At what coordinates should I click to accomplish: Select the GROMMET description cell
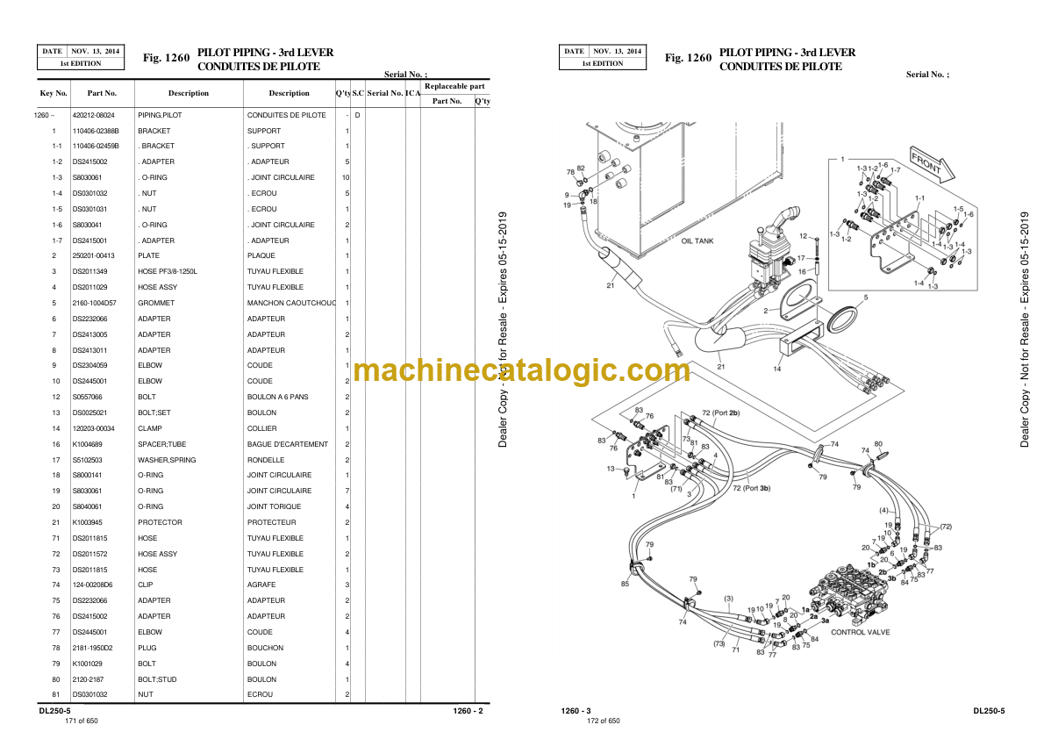[x=154, y=303]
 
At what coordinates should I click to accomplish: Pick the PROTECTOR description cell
[x=160, y=522]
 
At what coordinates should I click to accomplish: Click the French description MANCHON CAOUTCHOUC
[x=291, y=303]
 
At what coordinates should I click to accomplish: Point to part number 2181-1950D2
[x=91, y=648]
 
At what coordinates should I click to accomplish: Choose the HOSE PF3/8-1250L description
[x=168, y=271]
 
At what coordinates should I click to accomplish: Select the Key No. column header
[x=54, y=93]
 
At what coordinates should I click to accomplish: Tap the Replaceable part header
[x=454, y=87]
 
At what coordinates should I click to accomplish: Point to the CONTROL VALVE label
[x=860, y=632]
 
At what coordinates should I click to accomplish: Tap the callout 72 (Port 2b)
[x=721, y=413]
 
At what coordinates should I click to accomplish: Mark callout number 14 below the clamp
[x=776, y=369]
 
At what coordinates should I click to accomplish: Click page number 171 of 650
[x=82, y=721]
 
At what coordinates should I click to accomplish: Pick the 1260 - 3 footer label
[x=576, y=710]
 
